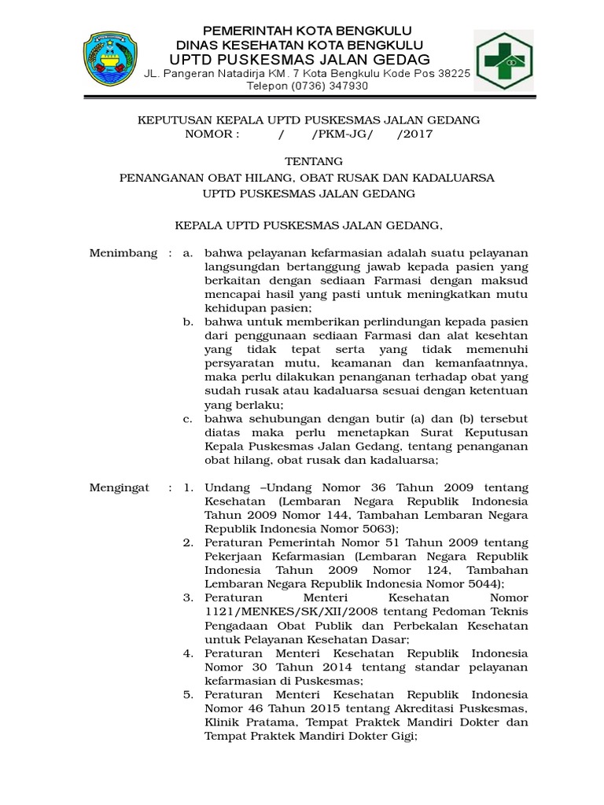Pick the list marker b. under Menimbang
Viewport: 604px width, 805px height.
pyautogui.click(x=188, y=322)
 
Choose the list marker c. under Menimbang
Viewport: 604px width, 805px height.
pyautogui.click(x=188, y=418)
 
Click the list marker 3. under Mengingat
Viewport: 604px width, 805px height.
pyautogui.click(x=188, y=598)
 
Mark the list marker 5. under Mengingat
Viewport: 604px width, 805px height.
pyautogui.click(x=188, y=695)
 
